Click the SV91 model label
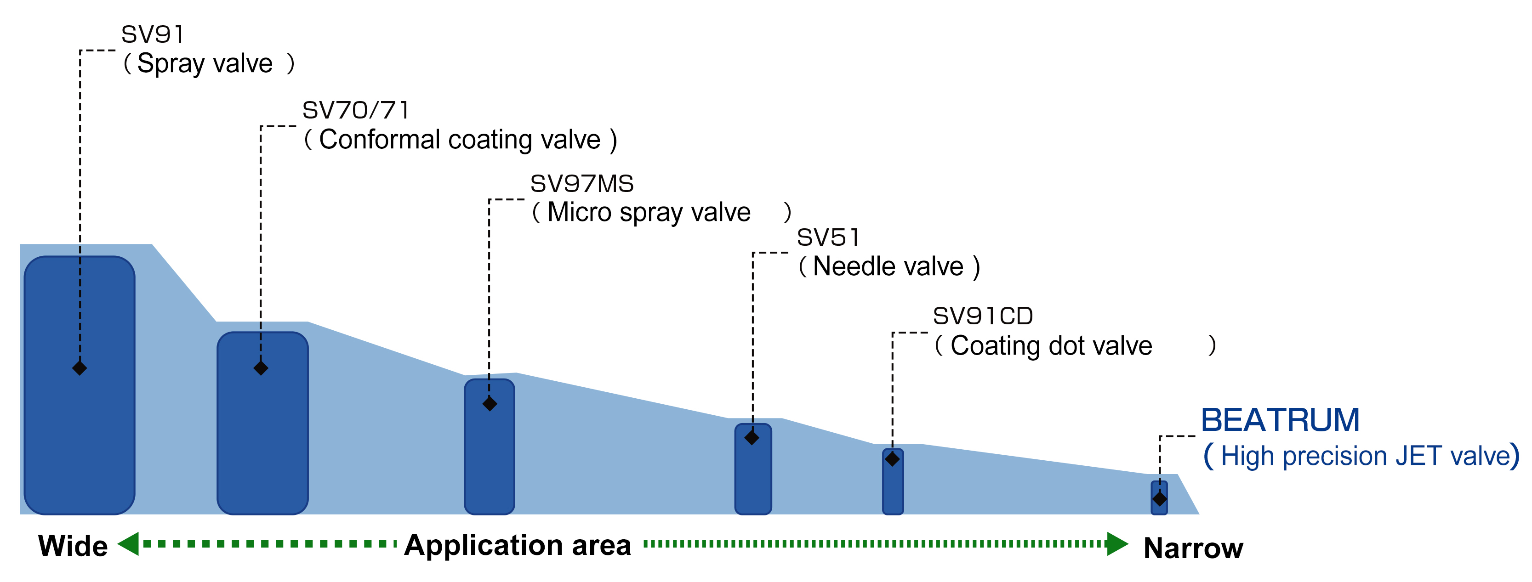click(152, 34)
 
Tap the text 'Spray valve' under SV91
click(205, 63)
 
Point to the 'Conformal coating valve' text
click(460, 140)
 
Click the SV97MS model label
click(581, 184)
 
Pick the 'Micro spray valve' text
click(648, 212)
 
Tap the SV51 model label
click(827, 238)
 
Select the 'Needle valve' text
click(888, 266)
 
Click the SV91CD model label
click(982, 316)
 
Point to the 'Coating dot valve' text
click(1051, 345)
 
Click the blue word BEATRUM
click(1280, 420)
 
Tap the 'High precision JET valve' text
click(1366, 456)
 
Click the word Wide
click(73, 546)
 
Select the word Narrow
click(1193, 548)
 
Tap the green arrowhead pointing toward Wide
click(128, 543)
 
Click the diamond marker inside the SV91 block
click(80, 368)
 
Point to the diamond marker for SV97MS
click(490, 404)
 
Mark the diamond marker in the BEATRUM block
click(1160, 499)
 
